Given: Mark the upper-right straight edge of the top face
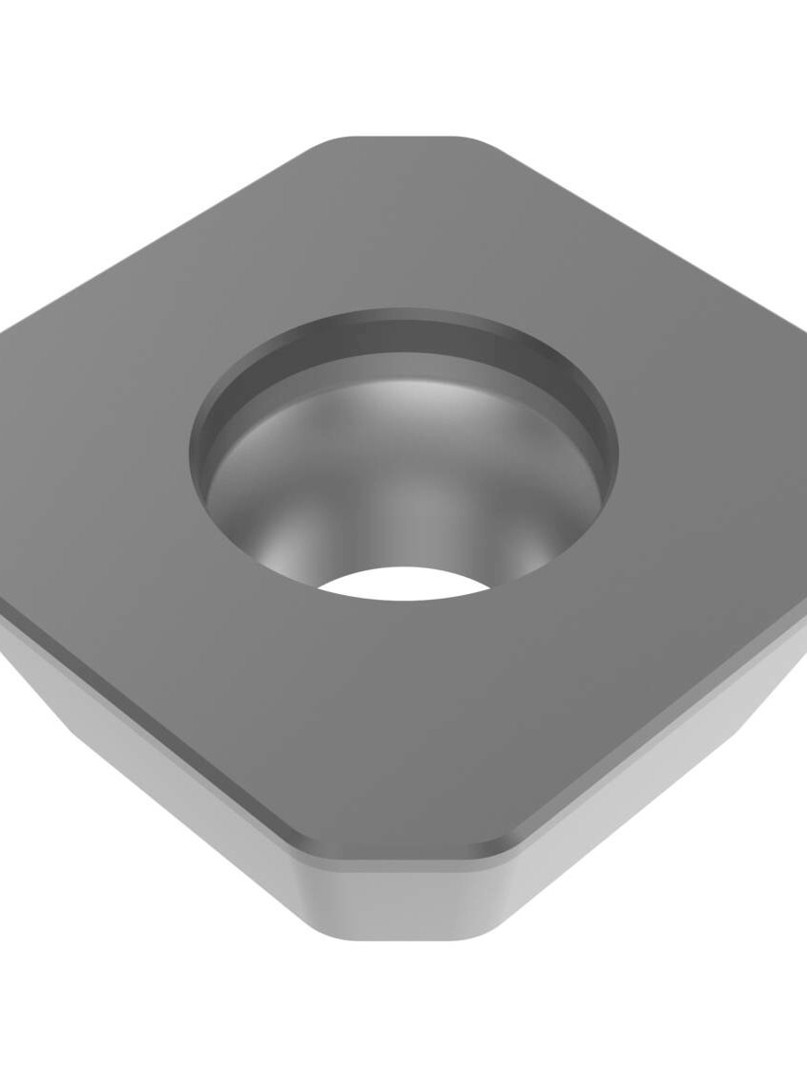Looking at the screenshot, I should [645, 237].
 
